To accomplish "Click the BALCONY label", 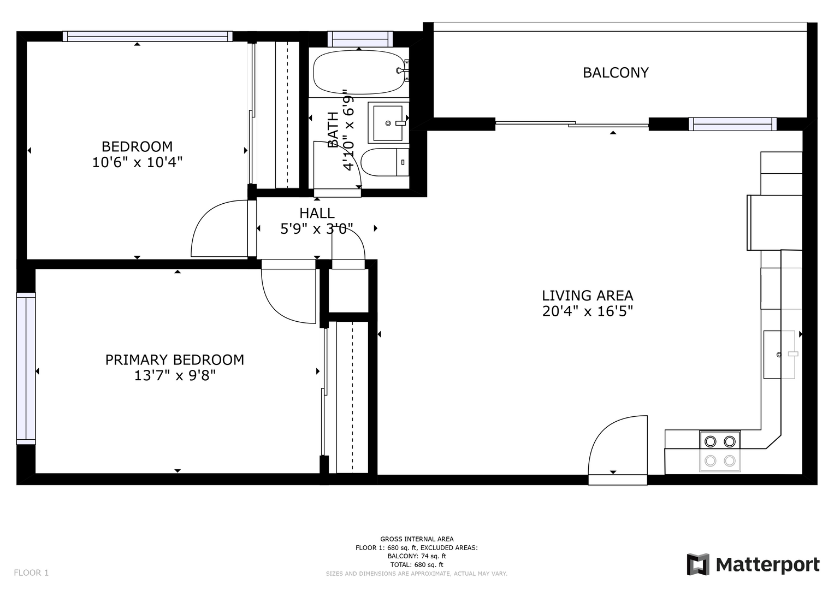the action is coord(616,73).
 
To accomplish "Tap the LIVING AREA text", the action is coord(587,296).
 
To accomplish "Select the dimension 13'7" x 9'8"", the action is coord(175,375).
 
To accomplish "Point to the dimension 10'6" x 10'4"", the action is coord(137,162).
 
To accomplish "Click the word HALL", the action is coord(317,213).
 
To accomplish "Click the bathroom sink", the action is coord(388,122).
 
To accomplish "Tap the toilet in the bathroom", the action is coord(385,162).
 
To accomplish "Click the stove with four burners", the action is coord(720,451).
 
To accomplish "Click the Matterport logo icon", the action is coord(697,564).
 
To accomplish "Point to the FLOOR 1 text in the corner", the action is coord(31,573).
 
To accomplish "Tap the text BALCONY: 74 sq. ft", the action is coord(417,556).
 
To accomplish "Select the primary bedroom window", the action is coord(26,368).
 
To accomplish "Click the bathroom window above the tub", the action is coord(360,39).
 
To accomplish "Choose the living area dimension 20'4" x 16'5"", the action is coord(588,311).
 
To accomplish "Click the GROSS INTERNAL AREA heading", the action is coord(417,539).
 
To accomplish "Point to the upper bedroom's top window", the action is coord(147,36).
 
